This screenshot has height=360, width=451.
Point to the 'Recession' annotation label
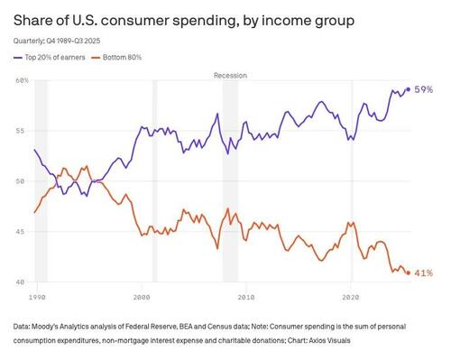coord(230,75)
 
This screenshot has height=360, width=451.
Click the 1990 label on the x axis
coord(37,295)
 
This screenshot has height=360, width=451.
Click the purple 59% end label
coord(423,89)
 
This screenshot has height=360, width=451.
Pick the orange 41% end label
coord(423,272)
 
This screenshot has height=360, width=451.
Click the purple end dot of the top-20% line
coord(408,89)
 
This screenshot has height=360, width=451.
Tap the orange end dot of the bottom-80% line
coord(408,272)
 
